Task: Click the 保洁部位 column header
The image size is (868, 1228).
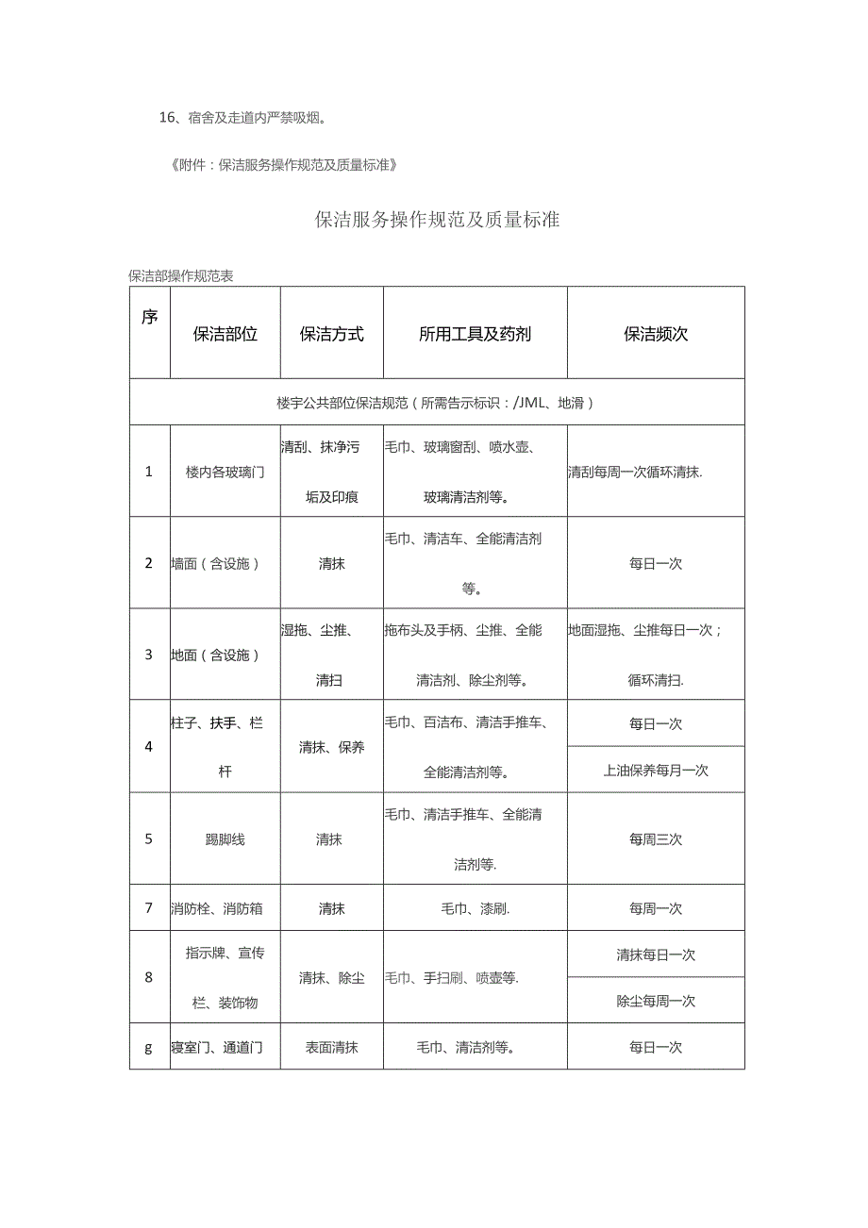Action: (225, 334)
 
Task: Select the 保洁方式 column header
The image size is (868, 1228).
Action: (331, 334)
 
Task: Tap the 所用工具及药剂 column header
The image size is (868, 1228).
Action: (475, 334)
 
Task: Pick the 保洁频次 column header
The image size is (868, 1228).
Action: (656, 334)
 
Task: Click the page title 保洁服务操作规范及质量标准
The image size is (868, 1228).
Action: (437, 220)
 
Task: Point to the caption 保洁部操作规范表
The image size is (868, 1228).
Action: (181, 276)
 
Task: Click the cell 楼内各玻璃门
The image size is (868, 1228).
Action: (225, 472)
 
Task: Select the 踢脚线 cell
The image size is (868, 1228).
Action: (225, 838)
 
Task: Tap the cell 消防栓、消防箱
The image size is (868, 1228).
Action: (217, 908)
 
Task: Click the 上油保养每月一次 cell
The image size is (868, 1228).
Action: (656, 770)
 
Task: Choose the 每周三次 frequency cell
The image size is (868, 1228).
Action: (656, 838)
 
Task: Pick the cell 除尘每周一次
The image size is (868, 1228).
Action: (656, 1001)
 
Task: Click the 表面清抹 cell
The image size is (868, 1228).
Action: (331, 1047)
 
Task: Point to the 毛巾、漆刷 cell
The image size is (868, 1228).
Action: (476, 908)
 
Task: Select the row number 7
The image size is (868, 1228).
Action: (148, 908)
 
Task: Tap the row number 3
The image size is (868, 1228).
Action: (148, 655)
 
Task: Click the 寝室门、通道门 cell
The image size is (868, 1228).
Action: (217, 1047)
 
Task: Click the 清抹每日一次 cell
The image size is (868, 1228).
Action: (656, 954)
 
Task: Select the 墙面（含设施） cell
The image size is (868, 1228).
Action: (215, 563)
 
